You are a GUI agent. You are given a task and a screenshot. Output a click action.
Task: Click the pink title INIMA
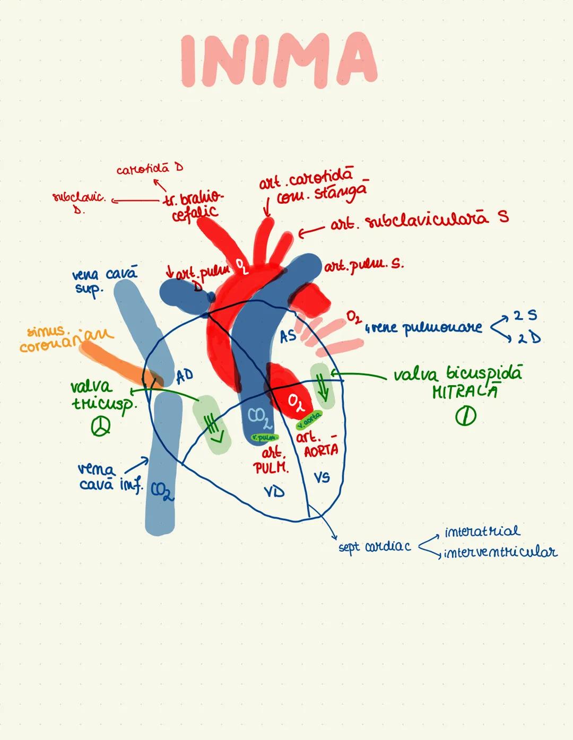(279, 59)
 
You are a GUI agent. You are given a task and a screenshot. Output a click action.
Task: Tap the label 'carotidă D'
(150, 170)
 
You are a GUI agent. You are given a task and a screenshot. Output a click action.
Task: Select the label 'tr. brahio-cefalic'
(194, 205)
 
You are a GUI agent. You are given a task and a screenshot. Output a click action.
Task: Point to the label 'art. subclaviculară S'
(419, 221)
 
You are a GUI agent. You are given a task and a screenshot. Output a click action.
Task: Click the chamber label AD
(185, 376)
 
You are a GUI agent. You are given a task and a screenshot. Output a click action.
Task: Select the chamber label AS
(288, 336)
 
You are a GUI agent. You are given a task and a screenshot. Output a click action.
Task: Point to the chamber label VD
(274, 491)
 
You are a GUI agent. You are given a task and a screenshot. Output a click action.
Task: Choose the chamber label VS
(322, 477)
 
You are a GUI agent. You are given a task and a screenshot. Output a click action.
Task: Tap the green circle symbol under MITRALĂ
(465, 416)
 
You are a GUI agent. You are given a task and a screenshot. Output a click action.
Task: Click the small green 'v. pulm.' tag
(265, 437)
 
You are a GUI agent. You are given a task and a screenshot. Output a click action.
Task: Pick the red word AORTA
(320, 450)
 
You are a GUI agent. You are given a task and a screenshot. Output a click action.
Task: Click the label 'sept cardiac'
(375, 547)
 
